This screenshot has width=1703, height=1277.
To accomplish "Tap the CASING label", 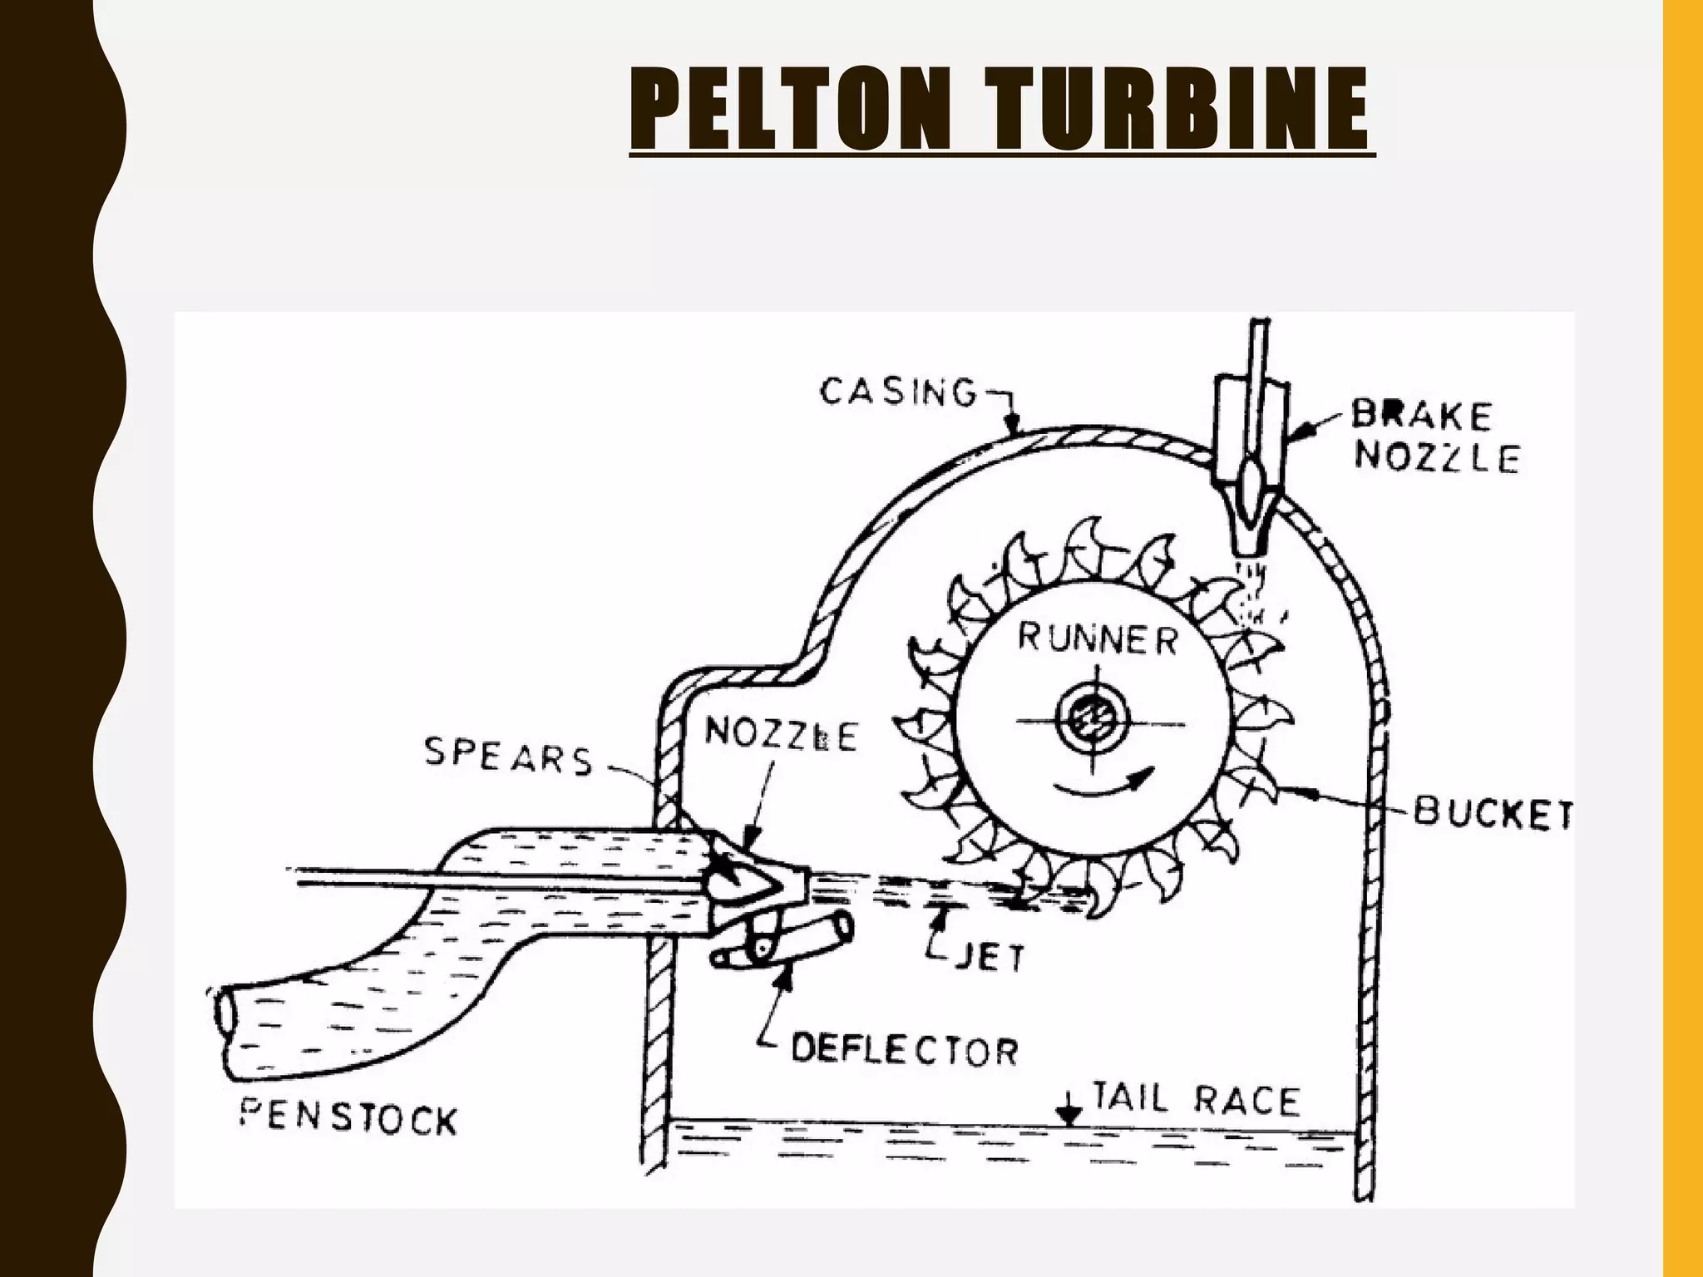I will pyautogui.click(x=897, y=392).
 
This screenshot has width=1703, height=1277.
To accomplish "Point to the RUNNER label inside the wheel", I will pyautogui.click(x=1098, y=639).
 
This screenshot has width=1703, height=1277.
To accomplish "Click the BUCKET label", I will pyautogui.click(x=1493, y=812).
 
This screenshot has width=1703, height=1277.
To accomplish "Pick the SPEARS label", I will pyautogui.click(x=508, y=757).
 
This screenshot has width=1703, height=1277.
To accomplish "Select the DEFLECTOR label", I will pyautogui.click(x=904, y=1049).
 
